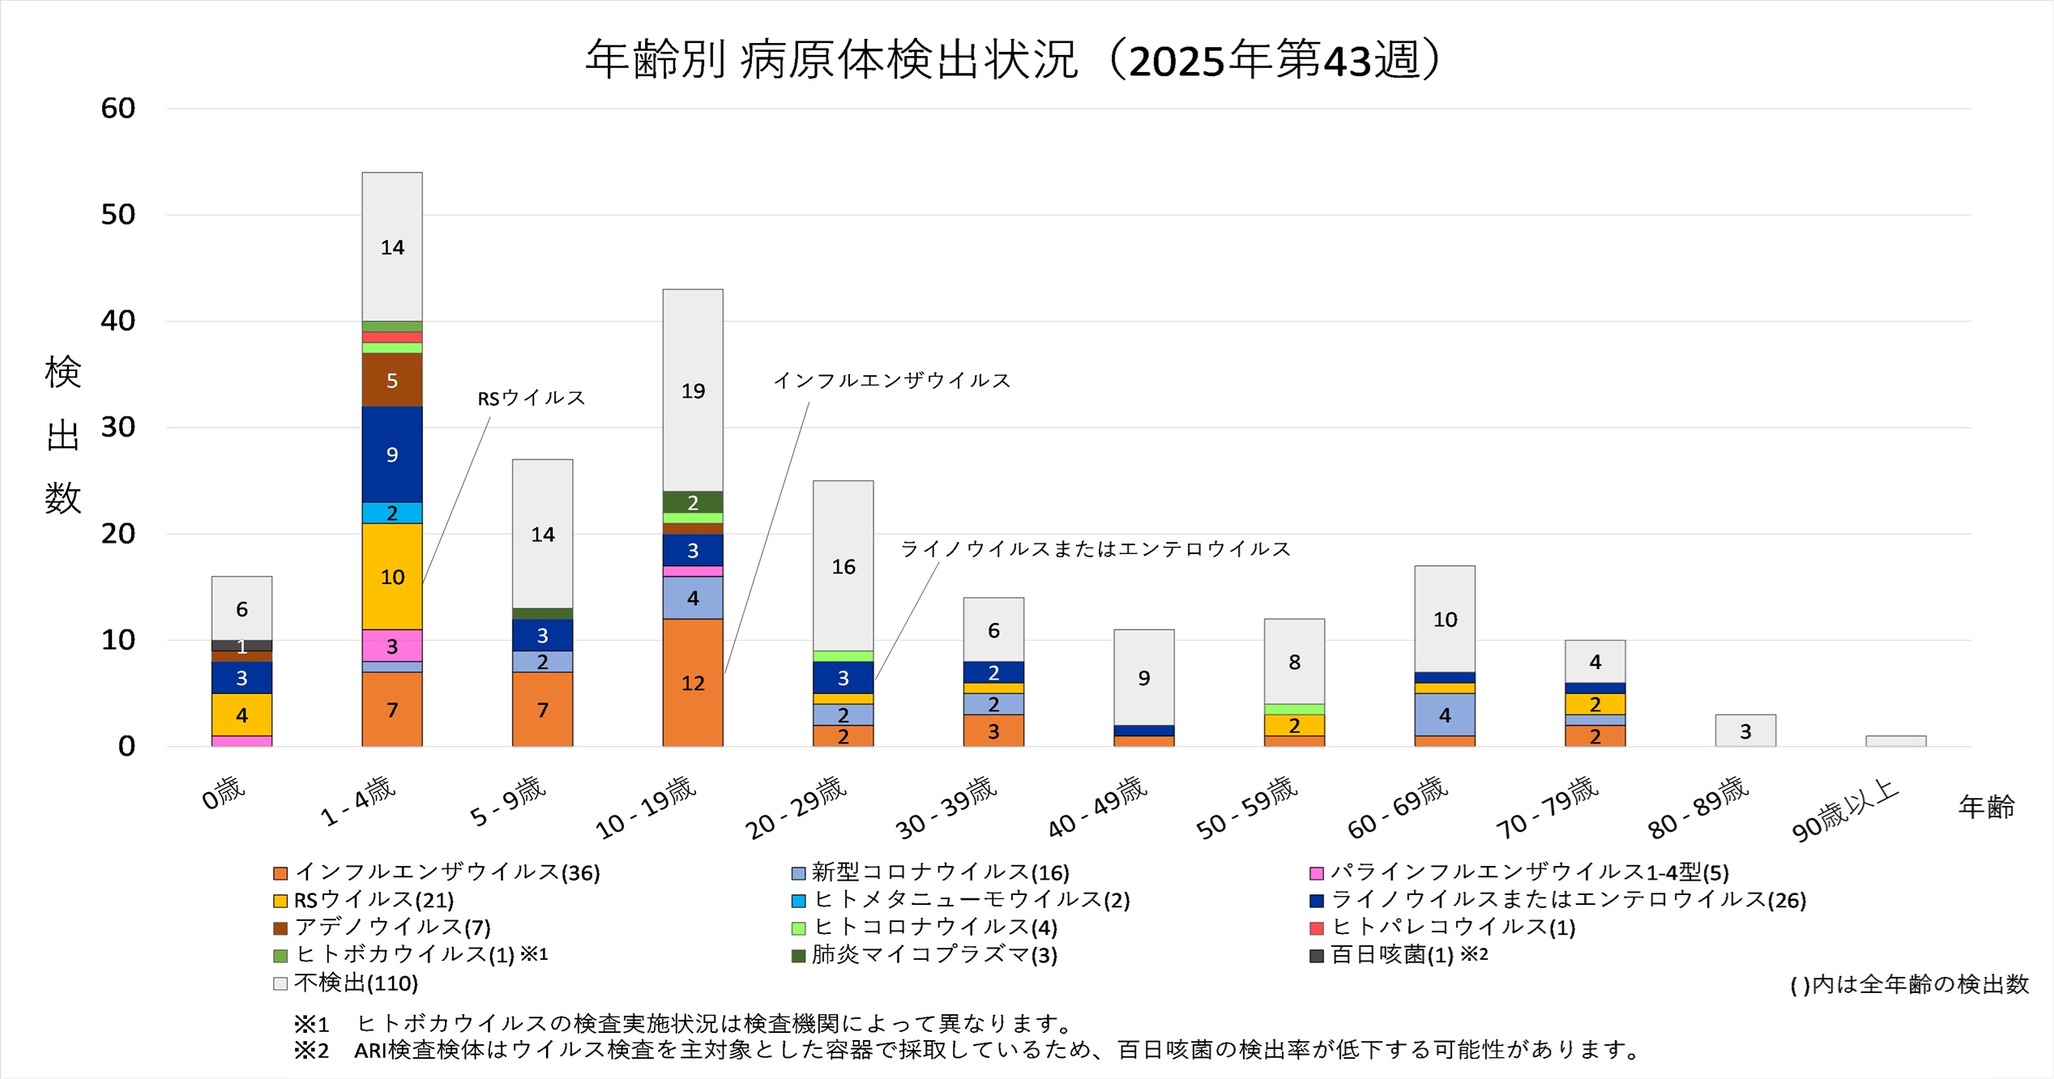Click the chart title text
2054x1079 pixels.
point(1013,60)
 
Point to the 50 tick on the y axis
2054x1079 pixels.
point(117,215)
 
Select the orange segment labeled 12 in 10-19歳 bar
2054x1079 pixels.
point(693,683)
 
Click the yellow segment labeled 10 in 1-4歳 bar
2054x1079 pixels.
point(392,577)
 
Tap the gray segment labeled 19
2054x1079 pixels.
point(693,390)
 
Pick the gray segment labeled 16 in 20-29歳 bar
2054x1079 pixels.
point(843,566)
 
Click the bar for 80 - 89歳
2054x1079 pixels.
point(1745,731)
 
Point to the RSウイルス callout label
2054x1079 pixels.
point(531,398)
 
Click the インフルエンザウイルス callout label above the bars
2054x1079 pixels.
point(891,380)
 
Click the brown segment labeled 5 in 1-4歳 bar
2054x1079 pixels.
point(392,380)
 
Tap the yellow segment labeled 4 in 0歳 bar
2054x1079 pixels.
point(241,714)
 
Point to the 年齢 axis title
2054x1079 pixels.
point(1986,807)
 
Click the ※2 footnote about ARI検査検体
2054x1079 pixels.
point(964,1050)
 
